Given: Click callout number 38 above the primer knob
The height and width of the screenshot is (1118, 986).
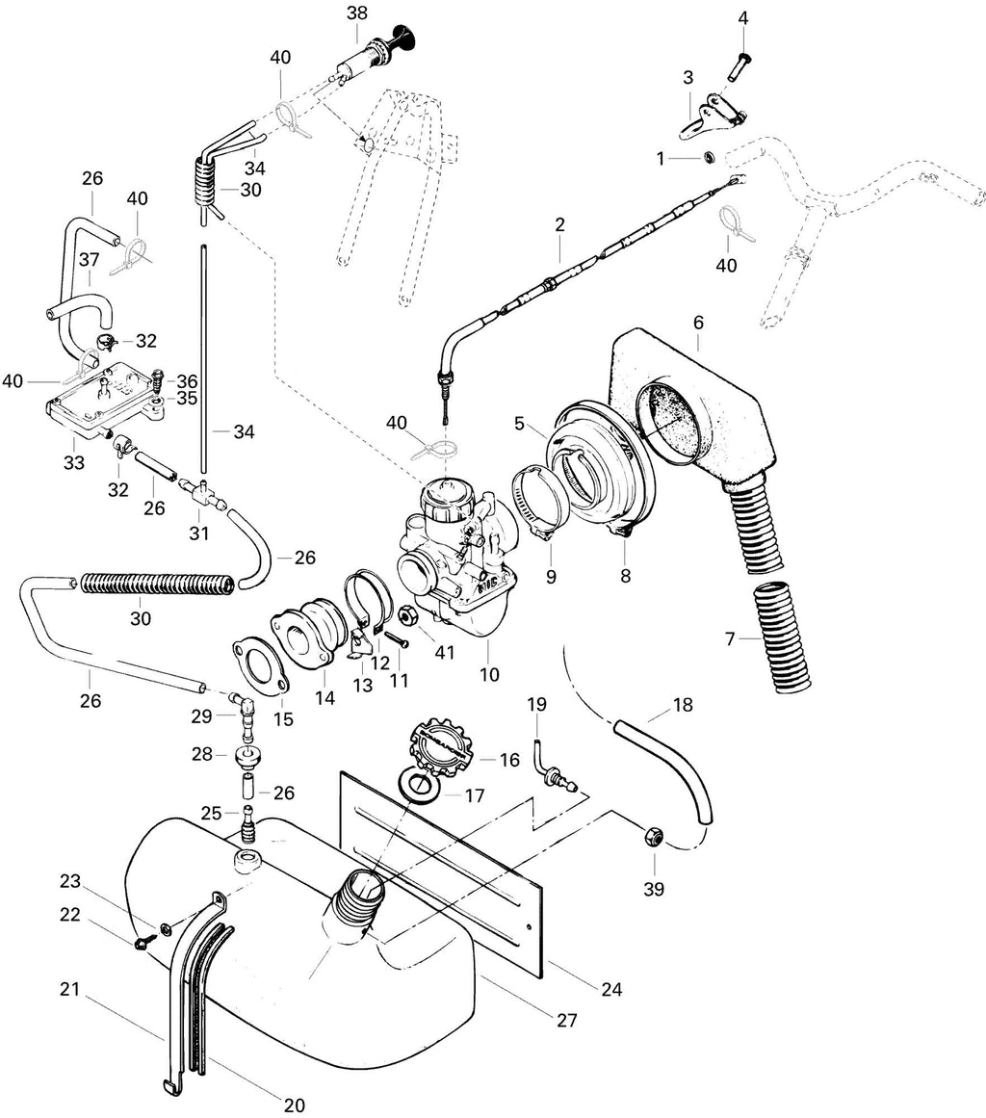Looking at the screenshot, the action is tap(357, 13).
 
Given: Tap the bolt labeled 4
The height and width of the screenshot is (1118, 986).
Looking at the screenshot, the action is tap(738, 65).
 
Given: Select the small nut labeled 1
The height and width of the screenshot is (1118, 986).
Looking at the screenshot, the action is tap(710, 157).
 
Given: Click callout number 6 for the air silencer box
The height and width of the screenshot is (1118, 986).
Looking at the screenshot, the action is tap(698, 323).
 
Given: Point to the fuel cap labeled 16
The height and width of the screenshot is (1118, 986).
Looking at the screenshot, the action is tap(441, 748).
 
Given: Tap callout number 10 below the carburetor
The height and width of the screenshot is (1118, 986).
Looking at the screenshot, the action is tap(489, 673).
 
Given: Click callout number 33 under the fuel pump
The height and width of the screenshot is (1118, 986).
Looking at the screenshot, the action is tap(73, 463).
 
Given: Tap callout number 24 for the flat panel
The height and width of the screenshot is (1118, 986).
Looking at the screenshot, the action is tap(611, 989).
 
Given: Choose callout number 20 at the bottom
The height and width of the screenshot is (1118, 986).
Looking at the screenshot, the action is tap(294, 1105).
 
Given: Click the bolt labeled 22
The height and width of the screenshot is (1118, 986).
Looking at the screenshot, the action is tap(142, 944).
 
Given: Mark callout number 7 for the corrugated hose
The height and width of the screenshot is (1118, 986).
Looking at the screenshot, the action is tap(729, 638).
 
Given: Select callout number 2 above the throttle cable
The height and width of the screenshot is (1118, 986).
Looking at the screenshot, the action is tap(559, 224).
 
